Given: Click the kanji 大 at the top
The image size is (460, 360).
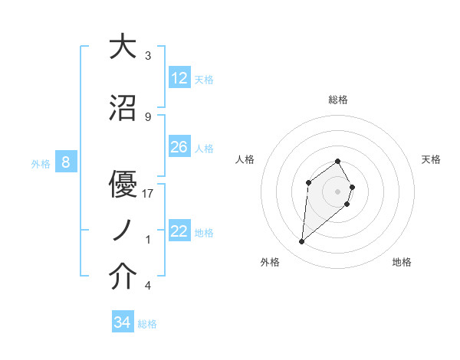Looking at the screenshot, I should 123,47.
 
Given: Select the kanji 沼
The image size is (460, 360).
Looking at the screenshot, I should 123,109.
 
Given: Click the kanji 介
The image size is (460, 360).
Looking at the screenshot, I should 123,277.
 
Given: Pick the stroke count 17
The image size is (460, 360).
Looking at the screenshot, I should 148,194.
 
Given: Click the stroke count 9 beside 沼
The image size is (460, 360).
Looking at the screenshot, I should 148,117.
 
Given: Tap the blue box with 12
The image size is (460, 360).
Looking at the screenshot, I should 179,78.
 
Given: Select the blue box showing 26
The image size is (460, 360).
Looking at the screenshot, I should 179,147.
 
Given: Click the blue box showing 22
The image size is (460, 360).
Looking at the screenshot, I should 179,231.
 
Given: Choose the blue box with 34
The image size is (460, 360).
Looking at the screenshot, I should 123,322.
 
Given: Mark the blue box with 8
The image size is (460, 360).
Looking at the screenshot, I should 66,162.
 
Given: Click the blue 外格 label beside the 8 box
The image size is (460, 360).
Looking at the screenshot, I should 40,163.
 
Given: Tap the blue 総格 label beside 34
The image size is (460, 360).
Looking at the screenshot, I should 147,324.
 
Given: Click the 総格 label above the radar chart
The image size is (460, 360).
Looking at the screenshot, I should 338,100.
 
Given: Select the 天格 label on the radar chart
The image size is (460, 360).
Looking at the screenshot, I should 432,159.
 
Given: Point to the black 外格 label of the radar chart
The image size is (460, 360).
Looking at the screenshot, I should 270,263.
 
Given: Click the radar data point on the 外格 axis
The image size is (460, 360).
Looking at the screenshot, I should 302,242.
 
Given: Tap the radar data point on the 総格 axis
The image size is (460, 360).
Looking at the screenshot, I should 338,162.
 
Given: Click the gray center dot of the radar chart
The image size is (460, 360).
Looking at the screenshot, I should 338,191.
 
